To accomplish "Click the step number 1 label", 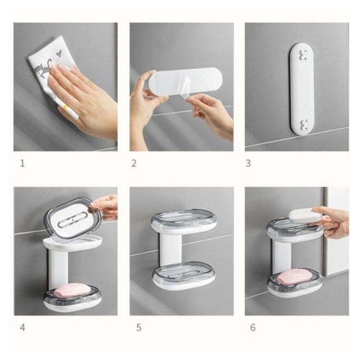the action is [22, 164].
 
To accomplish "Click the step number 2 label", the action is [134, 164].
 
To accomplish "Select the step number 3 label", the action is [248, 164].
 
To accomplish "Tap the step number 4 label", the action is [22, 327].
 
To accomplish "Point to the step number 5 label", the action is [139, 327].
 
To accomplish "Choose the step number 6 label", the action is [253, 327].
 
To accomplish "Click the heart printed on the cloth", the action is [59, 54].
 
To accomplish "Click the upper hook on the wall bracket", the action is [303, 55].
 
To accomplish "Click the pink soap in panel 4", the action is [71, 291].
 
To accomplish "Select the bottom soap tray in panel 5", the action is [184, 276].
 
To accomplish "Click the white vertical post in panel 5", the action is [170, 250].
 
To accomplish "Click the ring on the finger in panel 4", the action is [110, 197].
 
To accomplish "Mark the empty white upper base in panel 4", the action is [73, 244].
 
